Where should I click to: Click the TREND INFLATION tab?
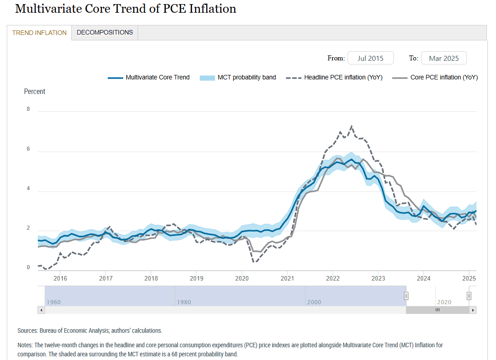[x=39, y=33]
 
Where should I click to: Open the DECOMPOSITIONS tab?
[x=104, y=32]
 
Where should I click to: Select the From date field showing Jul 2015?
[x=370, y=58]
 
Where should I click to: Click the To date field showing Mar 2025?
[x=444, y=58]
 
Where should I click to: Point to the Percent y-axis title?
[x=35, y=91]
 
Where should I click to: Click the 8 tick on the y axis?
[x=28, y=109]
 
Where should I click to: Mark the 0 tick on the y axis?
[x=28, y=267]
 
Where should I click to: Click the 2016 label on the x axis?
[x=60, y=278]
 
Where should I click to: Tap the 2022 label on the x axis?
[x=332, y=278]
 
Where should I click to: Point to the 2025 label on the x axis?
[x=469, y=278]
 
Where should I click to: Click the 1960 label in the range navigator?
[x=53, y=302]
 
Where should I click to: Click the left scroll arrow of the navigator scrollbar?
[x=41, y=310]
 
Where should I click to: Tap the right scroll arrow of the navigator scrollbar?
[x=473, y=310]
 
